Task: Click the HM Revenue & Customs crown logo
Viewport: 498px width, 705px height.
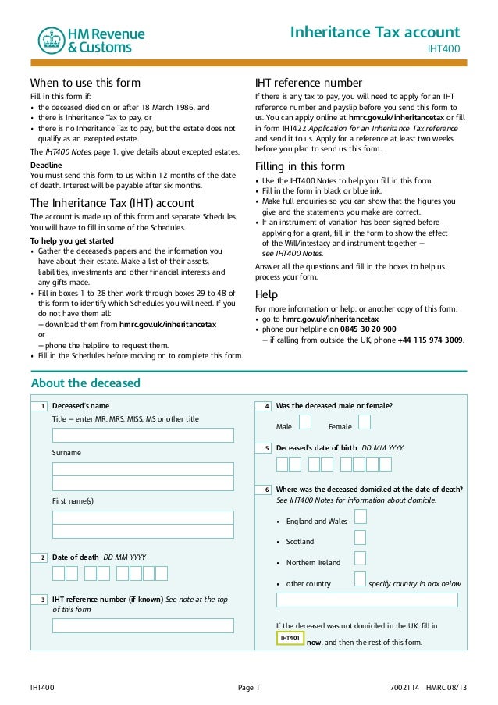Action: point(52,41)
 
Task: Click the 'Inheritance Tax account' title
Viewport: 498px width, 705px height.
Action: point(375,32)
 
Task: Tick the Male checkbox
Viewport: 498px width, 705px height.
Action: point(305,422)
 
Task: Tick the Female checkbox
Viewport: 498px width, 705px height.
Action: point(364,422)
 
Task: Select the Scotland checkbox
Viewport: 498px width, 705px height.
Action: point(360,537)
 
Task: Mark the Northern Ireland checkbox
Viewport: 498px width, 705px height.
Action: point(360,558)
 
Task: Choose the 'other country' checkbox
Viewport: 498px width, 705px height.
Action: point(360,579)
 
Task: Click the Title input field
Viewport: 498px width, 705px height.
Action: point(143,435)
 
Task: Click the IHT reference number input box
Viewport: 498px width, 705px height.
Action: point(143,625)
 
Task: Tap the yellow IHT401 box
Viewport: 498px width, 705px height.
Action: point(290,638)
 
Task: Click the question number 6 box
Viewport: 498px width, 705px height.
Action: point(267,490)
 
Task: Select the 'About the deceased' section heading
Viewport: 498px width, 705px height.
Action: point(85,383)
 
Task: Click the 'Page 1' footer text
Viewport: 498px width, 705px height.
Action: point(248,688)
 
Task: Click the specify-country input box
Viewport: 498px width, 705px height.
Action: point(369,600)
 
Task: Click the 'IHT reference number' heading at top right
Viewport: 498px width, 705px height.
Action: point(308,83)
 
